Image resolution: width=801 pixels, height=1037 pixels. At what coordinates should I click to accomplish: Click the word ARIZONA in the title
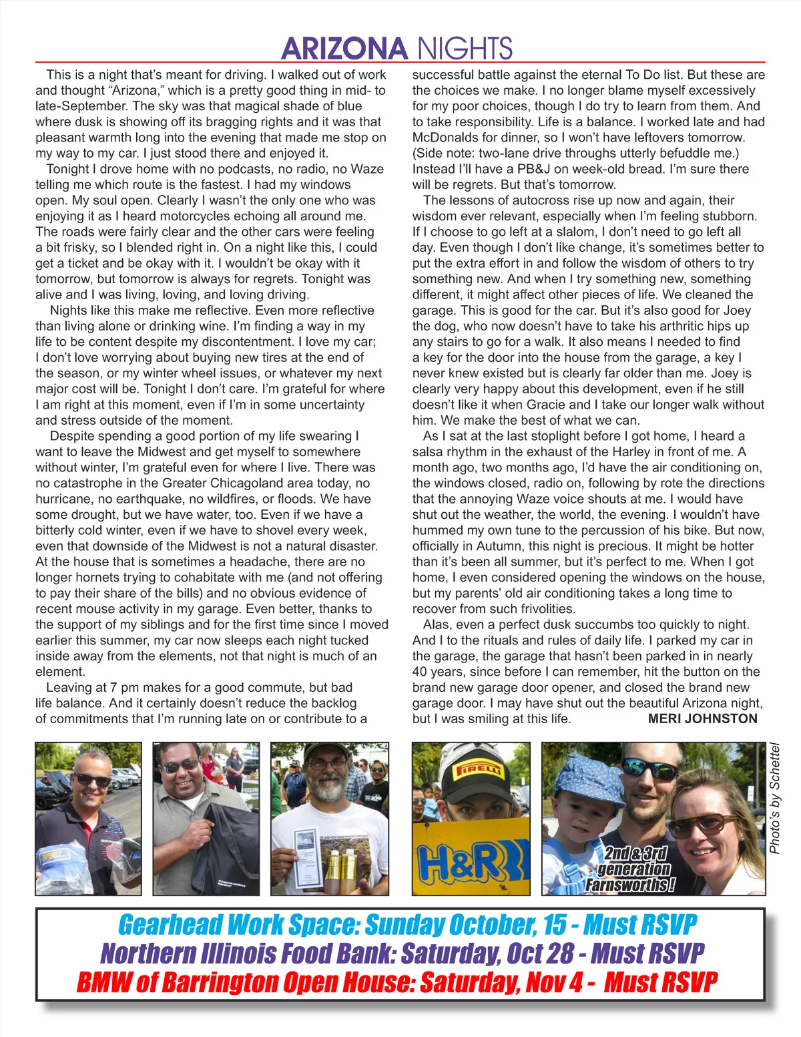pyautogui.click(x=344, y=48)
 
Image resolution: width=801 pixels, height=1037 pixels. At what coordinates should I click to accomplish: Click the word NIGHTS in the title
pyautogui.click(x=465, y=48)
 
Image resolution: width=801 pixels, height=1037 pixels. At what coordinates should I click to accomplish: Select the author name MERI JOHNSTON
pyautogui.click(x=702, y=718)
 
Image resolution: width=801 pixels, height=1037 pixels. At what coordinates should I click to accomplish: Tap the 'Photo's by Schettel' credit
pyautogui.click(x=775, y=799)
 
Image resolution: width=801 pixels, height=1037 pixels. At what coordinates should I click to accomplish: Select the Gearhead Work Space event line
pyautogui.click(x=407, y=925)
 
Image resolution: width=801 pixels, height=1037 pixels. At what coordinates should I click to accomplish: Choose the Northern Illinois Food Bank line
pyautogui.click(x=402, y=954)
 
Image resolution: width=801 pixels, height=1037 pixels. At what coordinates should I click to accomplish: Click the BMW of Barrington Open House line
pyautogui.click(x=396, y=982)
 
